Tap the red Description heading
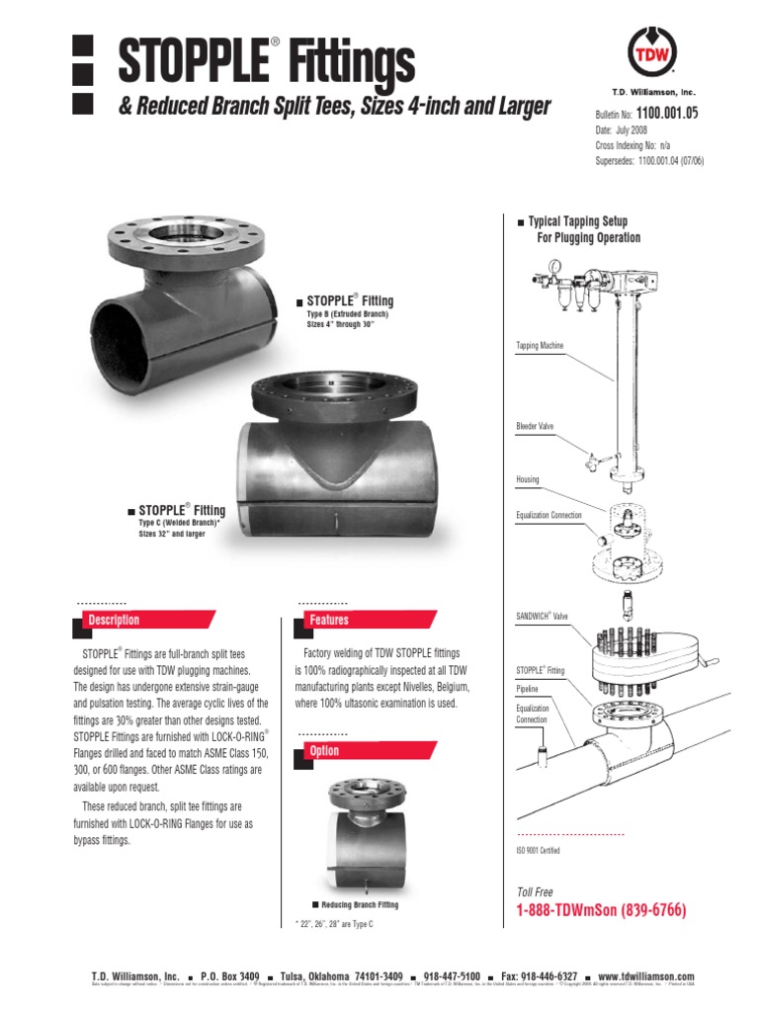(x=115, y=621)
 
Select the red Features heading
(x=329, y=621)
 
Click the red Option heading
(x=324, y=751)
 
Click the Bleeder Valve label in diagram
(x=535, y=426)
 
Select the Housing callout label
(x=528, y=479)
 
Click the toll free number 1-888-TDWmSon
(x=601, y=910)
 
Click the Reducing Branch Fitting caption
(x=356, y=905)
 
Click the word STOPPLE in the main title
(x=192, y=61)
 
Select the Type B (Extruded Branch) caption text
(x=348, y=313)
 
